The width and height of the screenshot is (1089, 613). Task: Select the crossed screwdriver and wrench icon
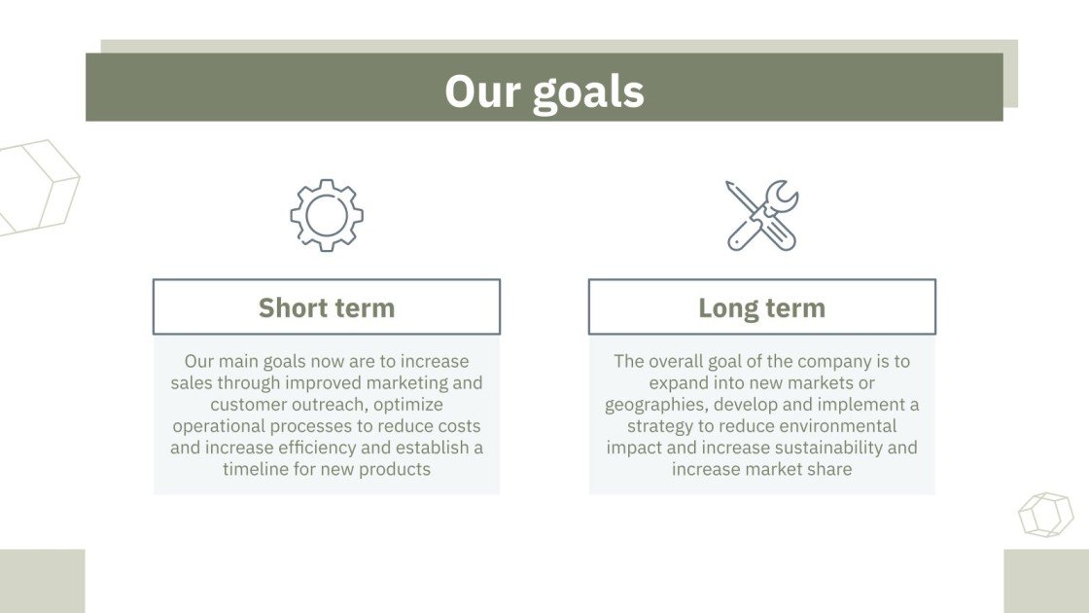point(762,215)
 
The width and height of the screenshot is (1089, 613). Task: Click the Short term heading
point(327,307)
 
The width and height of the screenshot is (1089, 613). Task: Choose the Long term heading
point(762,307)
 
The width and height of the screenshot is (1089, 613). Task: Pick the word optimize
point(407,405)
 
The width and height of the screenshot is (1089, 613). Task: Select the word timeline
point(256,469)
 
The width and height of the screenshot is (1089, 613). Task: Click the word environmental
point(843,426)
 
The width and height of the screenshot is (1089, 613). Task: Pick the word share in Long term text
point(829,469)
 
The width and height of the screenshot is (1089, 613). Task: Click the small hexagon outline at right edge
point(1046,515)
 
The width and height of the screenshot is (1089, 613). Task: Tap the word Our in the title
point(482,91)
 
